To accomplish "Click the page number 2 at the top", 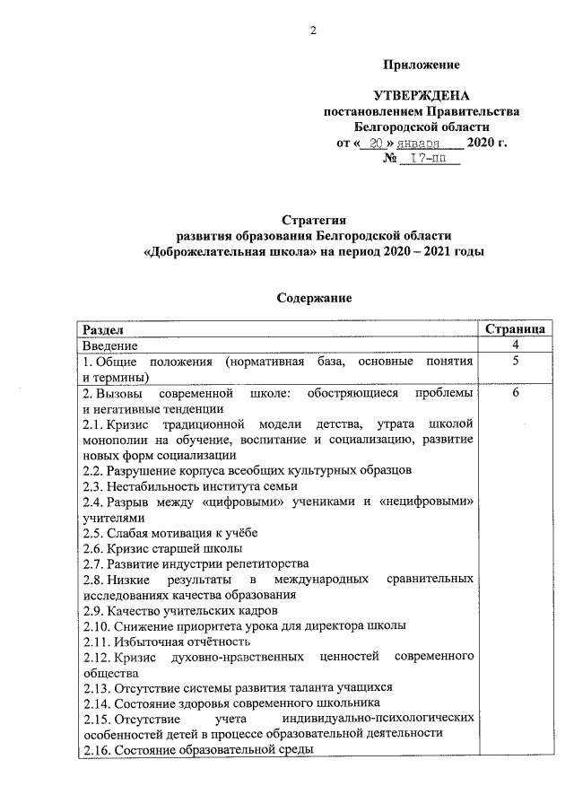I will point(314,31).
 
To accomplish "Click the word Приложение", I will point(422,65).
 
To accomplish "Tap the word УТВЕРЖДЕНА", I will point(422,96).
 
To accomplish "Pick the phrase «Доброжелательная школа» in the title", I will point(228,252).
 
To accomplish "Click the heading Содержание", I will point(313,297).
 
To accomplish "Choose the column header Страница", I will point(516,329).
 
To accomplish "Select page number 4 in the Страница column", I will point(516,345).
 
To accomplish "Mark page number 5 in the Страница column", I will point(516,362).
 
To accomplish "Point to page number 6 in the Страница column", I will point(516,394).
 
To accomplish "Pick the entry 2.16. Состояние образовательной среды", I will point(197,748).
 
